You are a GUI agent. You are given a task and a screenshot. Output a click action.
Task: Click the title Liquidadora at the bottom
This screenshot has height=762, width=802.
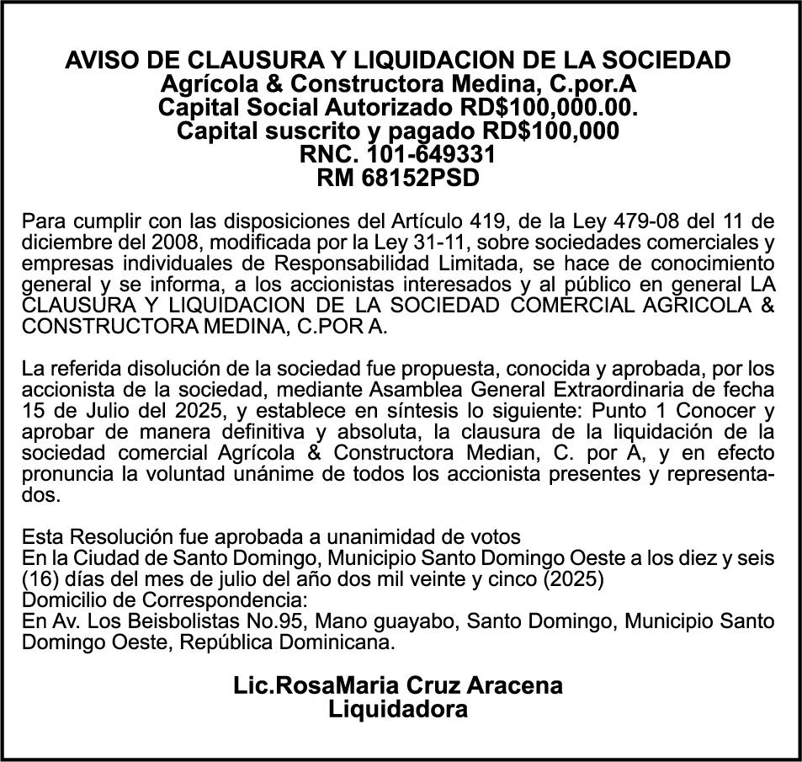pos(398,709)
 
